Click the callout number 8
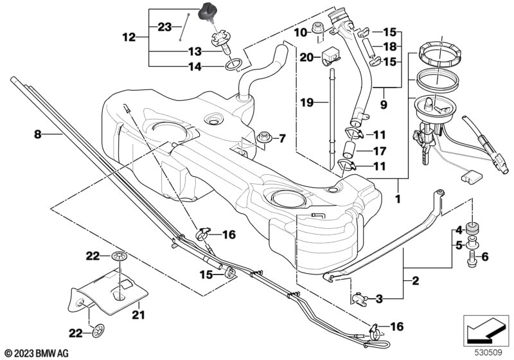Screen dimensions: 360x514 [x=37, y=135]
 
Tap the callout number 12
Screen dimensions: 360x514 [x=129, y=37]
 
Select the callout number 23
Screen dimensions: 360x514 [x=164, y=27]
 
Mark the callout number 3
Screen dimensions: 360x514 [x=379, y=298]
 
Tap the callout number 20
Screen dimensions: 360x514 [x=306, y=57]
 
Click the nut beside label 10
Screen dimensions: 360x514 [x=316, y=28]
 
